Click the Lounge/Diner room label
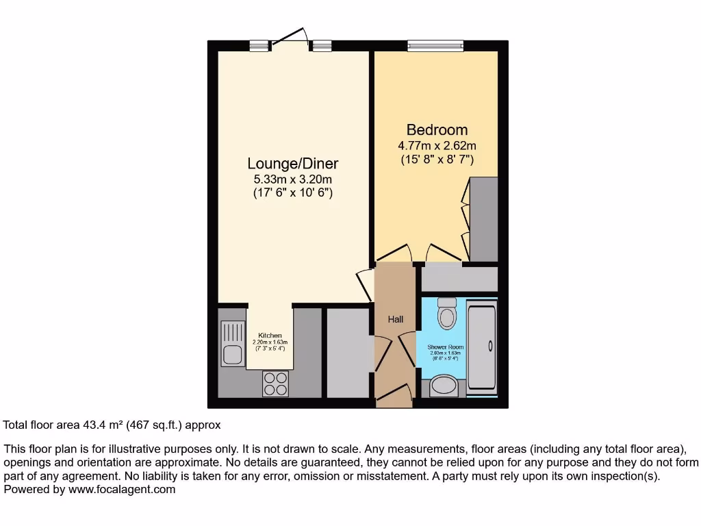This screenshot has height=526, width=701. pos(292,164)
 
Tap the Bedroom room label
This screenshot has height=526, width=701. pos(437,129)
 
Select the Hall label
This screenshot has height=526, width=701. pos(396,319)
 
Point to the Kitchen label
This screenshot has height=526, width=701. pos(270,335)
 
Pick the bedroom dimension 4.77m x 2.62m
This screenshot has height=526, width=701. pos(437,145)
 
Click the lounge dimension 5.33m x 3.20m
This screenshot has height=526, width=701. pos(292,179)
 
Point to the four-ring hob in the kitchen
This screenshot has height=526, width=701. pos(276,384)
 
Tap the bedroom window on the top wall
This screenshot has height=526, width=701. pos(435,46)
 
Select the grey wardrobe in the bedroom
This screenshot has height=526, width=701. pos(483,219)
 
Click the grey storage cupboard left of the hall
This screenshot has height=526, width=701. pos(348,353)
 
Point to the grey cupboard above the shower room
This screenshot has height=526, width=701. pos(459,279)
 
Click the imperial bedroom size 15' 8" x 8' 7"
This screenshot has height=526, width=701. pos(437,160)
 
